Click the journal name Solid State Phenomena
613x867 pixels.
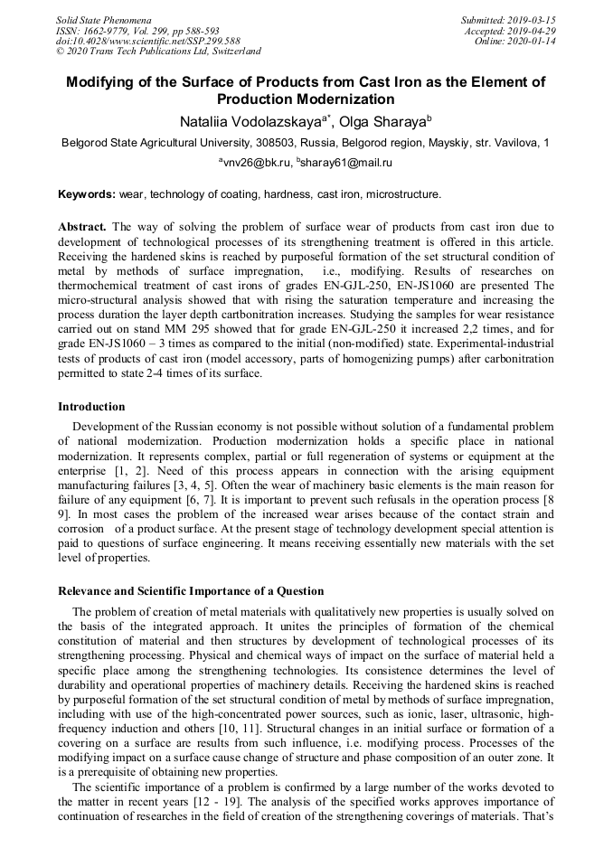(x=103, y=20)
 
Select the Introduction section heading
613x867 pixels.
(x=91, y=407)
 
